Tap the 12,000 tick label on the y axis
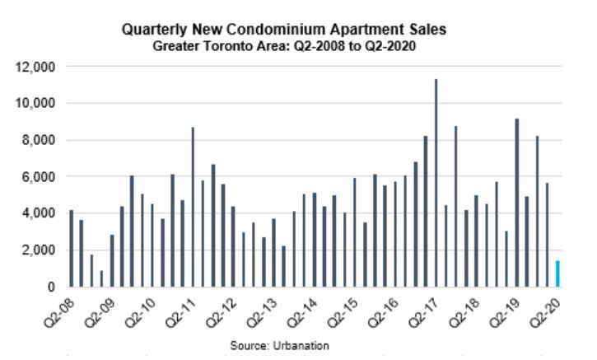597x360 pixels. tap(37, 67)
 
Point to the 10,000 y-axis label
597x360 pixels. tap(37, 104)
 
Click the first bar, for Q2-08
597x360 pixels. tap(71, 249)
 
